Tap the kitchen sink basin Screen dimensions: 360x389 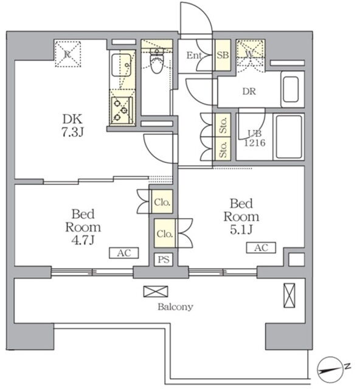121,65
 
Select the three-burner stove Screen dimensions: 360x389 122,110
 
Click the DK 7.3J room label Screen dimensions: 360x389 72,126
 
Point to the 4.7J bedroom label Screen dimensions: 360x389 83,227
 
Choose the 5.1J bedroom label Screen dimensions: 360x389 241,216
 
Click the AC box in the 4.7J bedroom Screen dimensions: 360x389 124,253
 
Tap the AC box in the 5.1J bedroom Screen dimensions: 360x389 261,247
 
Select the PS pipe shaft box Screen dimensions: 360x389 164,260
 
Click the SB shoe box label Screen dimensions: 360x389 223,55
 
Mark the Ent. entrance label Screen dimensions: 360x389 195,55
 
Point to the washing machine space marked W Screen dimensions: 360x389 251,53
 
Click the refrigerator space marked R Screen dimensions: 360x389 67,54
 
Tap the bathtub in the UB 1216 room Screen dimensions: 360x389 288,137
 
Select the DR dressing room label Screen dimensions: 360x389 249,92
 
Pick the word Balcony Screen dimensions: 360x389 175,307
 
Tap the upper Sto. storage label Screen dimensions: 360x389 223,125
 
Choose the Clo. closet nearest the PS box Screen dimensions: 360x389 165,233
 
